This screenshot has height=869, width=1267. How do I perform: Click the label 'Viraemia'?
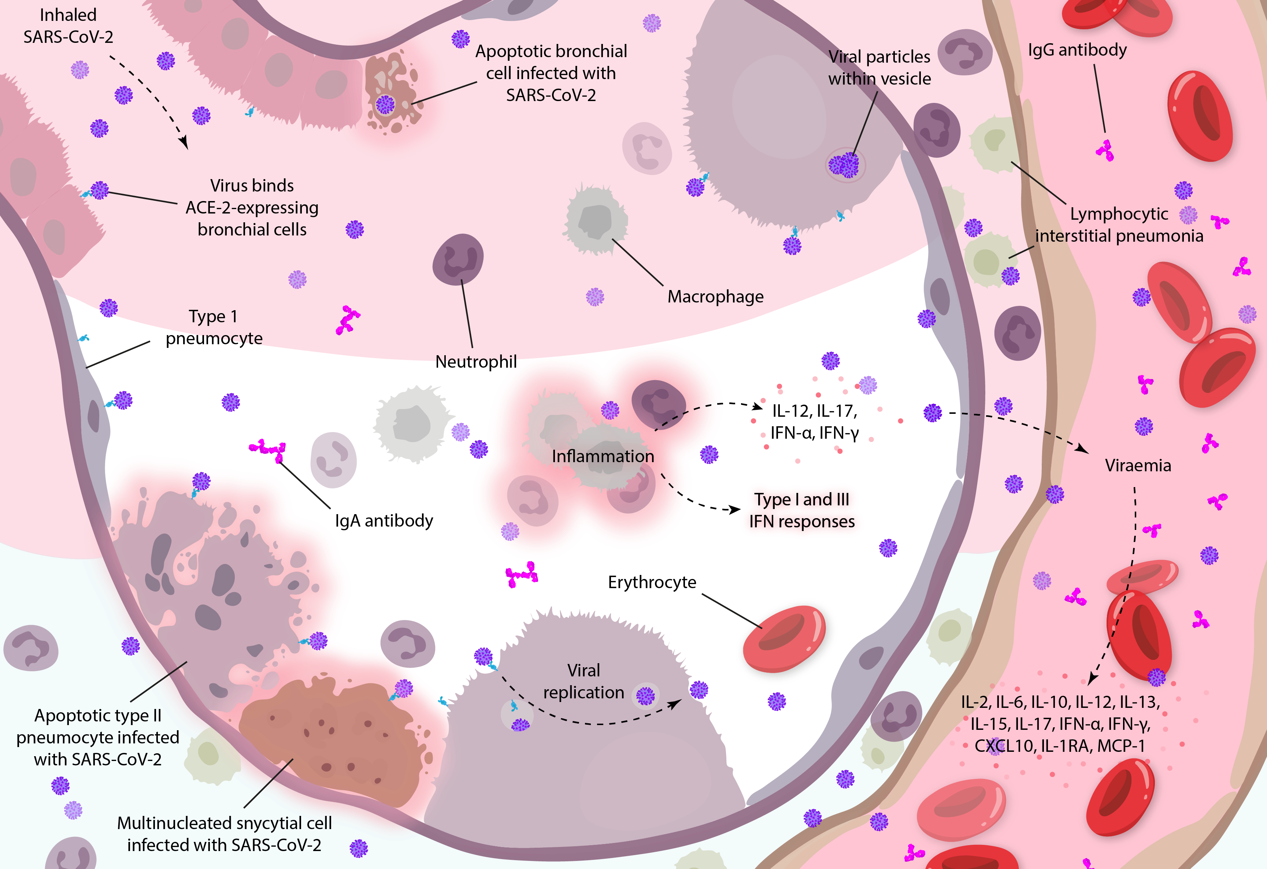click(1138, 465)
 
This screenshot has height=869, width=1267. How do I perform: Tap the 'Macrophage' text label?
click(715, 297)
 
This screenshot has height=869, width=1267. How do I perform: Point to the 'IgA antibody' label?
click(384, 521)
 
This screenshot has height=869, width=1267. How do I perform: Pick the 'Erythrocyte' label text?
click(652, 582)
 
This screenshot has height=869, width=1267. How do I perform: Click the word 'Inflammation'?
click(603, 456)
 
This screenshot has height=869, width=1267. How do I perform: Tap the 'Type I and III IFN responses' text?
click(802, 510)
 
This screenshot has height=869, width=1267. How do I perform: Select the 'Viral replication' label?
click(584, 681)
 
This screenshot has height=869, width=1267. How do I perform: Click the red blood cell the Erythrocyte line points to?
click(785, 638)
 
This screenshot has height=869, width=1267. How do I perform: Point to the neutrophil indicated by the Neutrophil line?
click(458, 260)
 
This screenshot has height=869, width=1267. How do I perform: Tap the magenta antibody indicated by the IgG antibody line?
click(1105, 151)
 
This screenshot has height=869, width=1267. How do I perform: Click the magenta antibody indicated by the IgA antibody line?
click(268, 449)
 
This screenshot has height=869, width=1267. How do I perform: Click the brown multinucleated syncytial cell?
click(330, 739)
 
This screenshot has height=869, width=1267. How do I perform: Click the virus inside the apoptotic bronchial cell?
click(385, 104)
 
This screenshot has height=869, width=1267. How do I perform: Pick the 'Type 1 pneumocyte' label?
click(214, 327)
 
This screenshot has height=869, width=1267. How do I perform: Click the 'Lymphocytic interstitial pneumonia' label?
click(1119, 224)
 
